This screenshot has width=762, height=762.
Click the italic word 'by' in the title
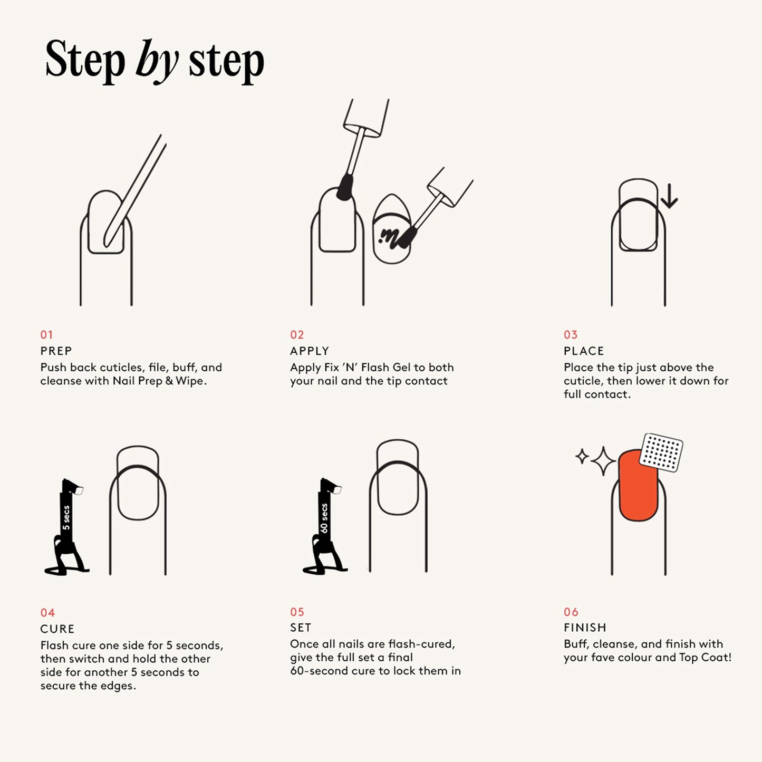(x=157, y=62)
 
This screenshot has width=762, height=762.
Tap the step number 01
(x=46, y=335)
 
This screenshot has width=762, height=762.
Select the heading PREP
(x=56, y=351)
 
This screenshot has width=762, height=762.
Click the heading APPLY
(x=310, y=351)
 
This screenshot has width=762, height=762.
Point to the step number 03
(x=571, y=335)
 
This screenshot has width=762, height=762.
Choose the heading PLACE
(x=584, y=351)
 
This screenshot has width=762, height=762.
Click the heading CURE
(x=57, y=629)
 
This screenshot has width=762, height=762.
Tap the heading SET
(x=301, y=628)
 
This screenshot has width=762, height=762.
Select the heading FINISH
(x=585, y=628)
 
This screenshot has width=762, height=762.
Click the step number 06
(x=571, y=612)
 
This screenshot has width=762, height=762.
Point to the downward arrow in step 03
(x=669, y=196)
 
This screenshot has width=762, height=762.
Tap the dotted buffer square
(x=661, y=453)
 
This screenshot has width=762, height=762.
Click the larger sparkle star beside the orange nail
(x=603, y=461)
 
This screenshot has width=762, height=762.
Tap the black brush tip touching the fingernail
(x=345, y=187)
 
